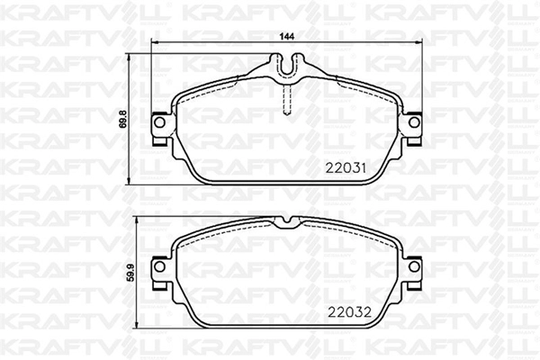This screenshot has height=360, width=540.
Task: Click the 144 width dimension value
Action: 287,37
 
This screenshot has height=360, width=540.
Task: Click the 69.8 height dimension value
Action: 123,120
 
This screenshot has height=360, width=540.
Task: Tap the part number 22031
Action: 346,167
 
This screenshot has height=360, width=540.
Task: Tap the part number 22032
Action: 349,312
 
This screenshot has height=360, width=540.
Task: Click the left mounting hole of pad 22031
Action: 159,122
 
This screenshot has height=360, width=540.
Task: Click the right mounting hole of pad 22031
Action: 414,122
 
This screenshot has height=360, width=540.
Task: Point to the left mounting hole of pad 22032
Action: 159,266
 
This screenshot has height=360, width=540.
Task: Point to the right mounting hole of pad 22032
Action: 414,266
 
